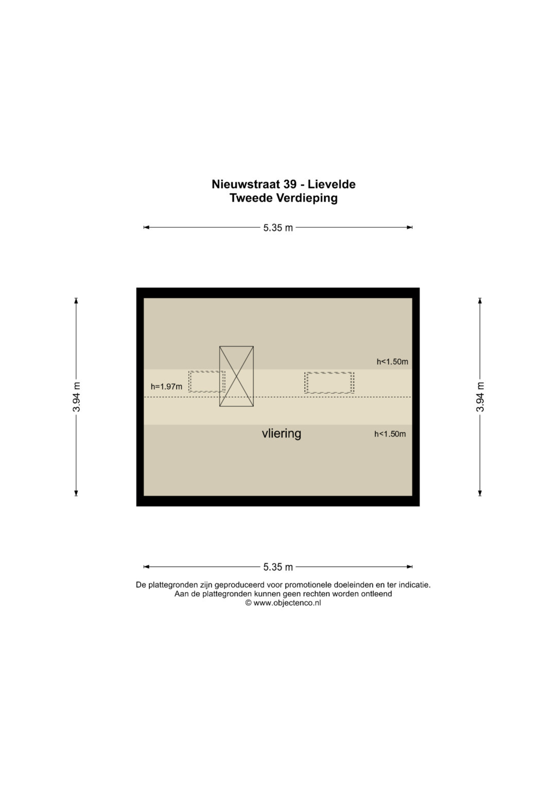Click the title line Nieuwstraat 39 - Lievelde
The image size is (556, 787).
[283, 184]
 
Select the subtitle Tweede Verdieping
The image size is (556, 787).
[284, 198]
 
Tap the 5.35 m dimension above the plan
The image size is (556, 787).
[278, 228]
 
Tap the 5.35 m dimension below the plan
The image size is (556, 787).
[278, 567]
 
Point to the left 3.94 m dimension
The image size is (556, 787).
[77, 397]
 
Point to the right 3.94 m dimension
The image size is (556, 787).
[480, 397]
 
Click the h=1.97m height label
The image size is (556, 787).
[166, 387]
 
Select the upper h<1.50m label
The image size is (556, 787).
[392, 361]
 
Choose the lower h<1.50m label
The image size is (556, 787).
[390, 434]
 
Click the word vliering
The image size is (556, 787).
[282, 433]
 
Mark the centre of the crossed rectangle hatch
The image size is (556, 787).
[237, 376]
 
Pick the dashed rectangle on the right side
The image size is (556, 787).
[329, 382]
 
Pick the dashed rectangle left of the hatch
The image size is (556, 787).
[207, 381]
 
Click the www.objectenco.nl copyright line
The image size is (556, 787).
[283, 603]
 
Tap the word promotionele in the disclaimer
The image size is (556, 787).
[306, 585]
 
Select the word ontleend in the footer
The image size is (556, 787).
[378, 594]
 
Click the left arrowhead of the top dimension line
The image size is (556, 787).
[146, 227]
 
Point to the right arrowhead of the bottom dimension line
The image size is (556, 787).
[410, 567]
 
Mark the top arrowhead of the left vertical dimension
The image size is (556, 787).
[76, 301]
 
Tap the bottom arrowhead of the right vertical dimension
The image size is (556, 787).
[480, 493]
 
